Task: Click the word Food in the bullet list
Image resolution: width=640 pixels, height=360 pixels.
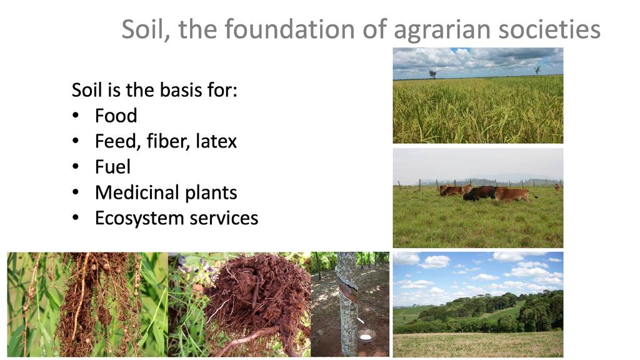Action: click(x=116, y=116)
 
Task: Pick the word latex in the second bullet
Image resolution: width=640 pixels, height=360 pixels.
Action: click(x=216, y=141)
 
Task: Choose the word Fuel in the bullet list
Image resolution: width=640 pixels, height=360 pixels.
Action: click(x=112, y=166)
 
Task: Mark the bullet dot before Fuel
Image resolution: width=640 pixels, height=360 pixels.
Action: click(x=76, y=167)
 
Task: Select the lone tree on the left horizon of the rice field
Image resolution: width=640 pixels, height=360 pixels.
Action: click(x=432, y=74)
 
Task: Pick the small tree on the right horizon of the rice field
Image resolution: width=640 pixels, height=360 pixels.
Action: click(x=537, y=70)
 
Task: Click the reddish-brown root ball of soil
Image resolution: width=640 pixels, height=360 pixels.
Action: click(x=258, y=294)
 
